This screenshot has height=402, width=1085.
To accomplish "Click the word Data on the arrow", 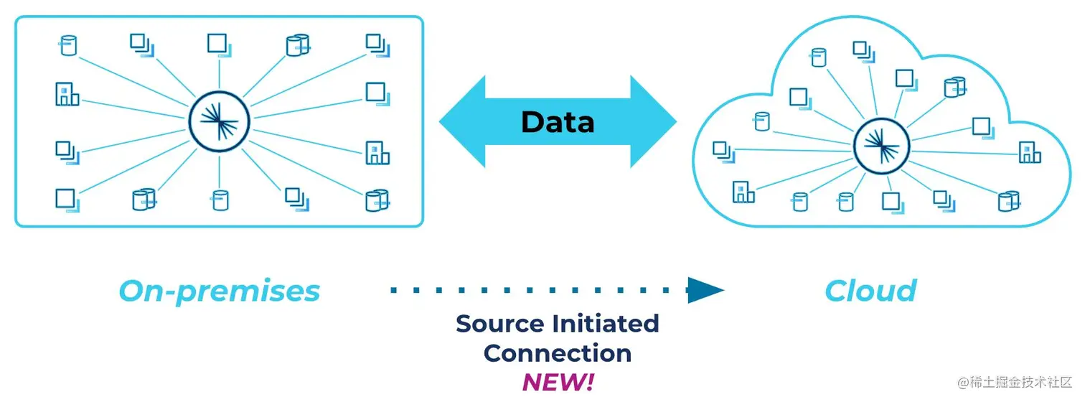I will [558, 122].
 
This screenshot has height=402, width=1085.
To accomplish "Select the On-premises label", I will [219, 291].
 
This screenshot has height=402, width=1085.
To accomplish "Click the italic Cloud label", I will [870, 291].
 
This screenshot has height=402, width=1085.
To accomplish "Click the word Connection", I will [558, 353].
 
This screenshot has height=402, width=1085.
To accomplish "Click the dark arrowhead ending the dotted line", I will [705, 290].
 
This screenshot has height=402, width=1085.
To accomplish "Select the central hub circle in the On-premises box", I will [219, 120].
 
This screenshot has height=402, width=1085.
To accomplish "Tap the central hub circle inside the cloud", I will [881, 149].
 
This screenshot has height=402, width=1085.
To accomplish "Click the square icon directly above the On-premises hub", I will [217, 43].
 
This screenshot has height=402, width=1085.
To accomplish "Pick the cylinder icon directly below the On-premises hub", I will [220, 200].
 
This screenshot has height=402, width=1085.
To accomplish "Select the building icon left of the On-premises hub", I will [67, 94].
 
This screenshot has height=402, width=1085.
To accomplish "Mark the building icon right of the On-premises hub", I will [377, 153].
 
